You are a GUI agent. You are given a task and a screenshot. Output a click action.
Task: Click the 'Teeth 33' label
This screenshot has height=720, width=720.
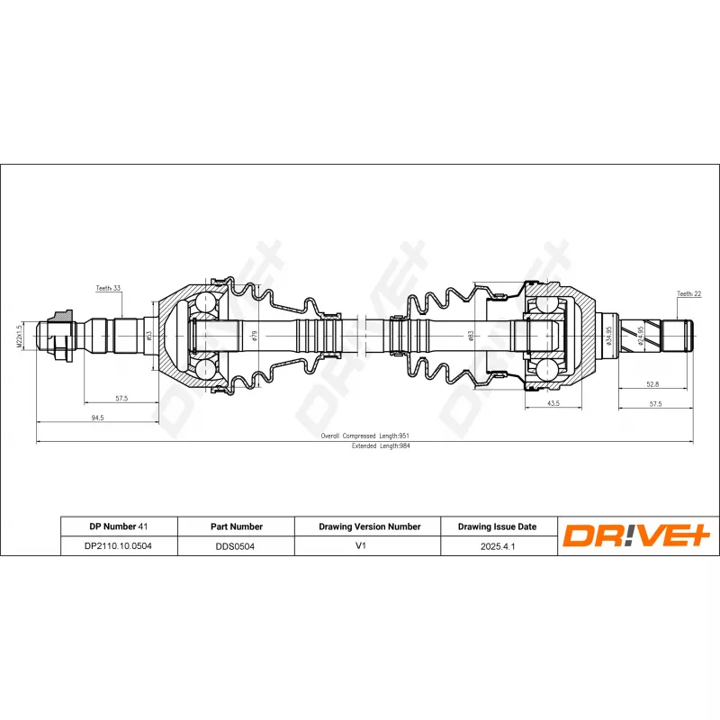click(108, 288)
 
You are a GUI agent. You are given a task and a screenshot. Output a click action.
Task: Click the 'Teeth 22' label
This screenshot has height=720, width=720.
click(688, 293)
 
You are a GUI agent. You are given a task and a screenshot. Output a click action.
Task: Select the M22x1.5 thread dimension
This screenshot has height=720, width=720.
click(19, 336)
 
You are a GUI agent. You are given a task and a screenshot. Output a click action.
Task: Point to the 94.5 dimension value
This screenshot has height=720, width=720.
click(96, 418)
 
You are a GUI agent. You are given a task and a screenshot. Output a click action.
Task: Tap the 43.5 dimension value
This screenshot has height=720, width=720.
click(553, 403)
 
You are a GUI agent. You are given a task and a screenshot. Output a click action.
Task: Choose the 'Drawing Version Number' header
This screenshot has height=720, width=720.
click(370, 526)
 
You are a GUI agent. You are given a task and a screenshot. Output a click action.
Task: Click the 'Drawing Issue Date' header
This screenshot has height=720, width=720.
click(497, 526)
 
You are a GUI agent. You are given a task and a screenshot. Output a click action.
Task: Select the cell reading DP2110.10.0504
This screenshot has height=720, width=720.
click(119, 545)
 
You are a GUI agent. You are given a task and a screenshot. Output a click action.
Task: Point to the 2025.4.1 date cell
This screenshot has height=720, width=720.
click(497, 545)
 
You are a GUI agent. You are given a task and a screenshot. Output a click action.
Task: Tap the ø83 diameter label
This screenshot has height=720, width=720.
click(471, 336)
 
